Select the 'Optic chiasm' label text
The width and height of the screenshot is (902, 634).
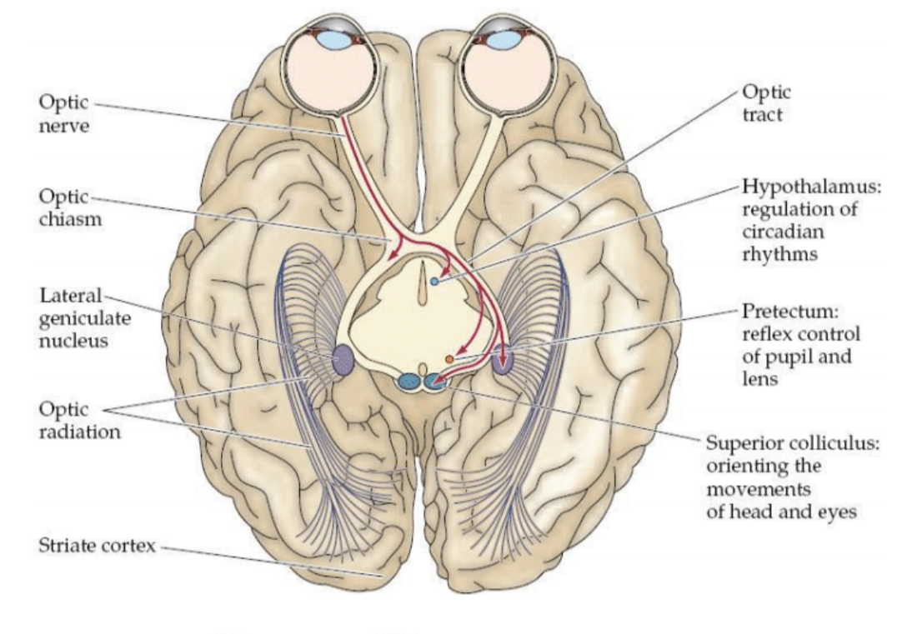point(66,209)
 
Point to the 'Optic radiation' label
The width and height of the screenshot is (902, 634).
point(79,422)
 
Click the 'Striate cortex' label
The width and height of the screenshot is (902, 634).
point(96,547)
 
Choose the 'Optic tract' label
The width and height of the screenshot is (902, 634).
point(765,103)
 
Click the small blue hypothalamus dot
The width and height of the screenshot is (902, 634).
point(435,283)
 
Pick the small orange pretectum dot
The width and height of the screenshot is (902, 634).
point(449,359)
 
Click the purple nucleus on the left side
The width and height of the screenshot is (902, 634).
point(343,360)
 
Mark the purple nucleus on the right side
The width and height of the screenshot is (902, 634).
point(502,361)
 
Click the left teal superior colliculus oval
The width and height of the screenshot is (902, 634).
point(408,382)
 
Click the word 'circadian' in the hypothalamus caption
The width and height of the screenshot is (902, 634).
point(779,232)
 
